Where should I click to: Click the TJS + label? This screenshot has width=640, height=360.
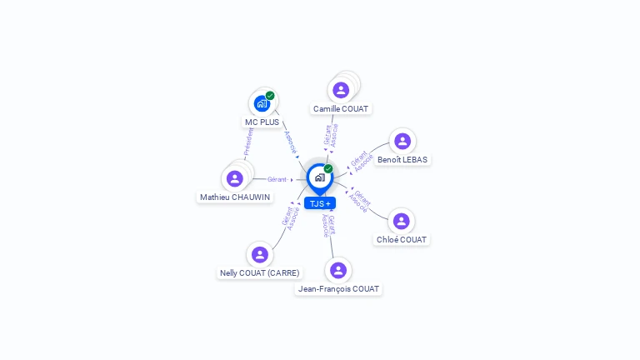coord(320,203)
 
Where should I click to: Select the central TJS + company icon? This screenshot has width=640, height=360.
coord(319,177)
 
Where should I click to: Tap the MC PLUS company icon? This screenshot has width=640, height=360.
coord(262,104)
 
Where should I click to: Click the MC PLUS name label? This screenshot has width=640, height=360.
coord(262,122)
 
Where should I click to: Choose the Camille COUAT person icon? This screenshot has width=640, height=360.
coord(341,90)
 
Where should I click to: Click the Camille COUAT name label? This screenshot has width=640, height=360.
coord(341,108)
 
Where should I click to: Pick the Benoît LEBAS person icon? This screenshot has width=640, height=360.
coord(402,142)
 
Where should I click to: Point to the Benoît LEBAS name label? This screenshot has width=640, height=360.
coord(403,159)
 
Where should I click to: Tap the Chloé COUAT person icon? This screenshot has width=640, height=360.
coord(402,221)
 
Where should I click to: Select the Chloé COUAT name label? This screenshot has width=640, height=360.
coord(402,239)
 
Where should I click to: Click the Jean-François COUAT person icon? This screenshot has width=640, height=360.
coord(338,270)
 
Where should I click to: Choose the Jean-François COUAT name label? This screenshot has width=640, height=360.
coord(338,288)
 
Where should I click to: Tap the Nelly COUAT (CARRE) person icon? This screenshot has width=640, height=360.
coord(259,255)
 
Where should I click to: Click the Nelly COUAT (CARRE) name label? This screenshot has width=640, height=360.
coord(259,272)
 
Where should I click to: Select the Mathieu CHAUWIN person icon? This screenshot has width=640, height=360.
coord(235,178)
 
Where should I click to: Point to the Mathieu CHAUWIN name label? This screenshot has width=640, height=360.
coord(235,197)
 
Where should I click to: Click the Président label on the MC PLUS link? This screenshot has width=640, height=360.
coord(247,142)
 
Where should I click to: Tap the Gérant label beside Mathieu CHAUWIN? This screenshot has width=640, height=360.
coord(277,179)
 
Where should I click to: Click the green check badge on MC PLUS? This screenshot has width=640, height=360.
coord(270,96)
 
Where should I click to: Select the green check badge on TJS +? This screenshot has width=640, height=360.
coord(328,169)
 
